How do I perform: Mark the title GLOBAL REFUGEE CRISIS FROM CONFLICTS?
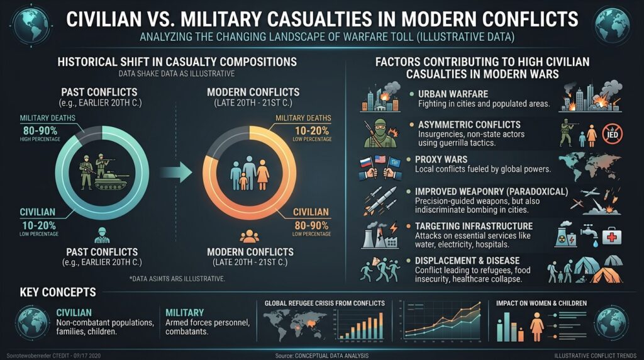[x=325, y=303]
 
